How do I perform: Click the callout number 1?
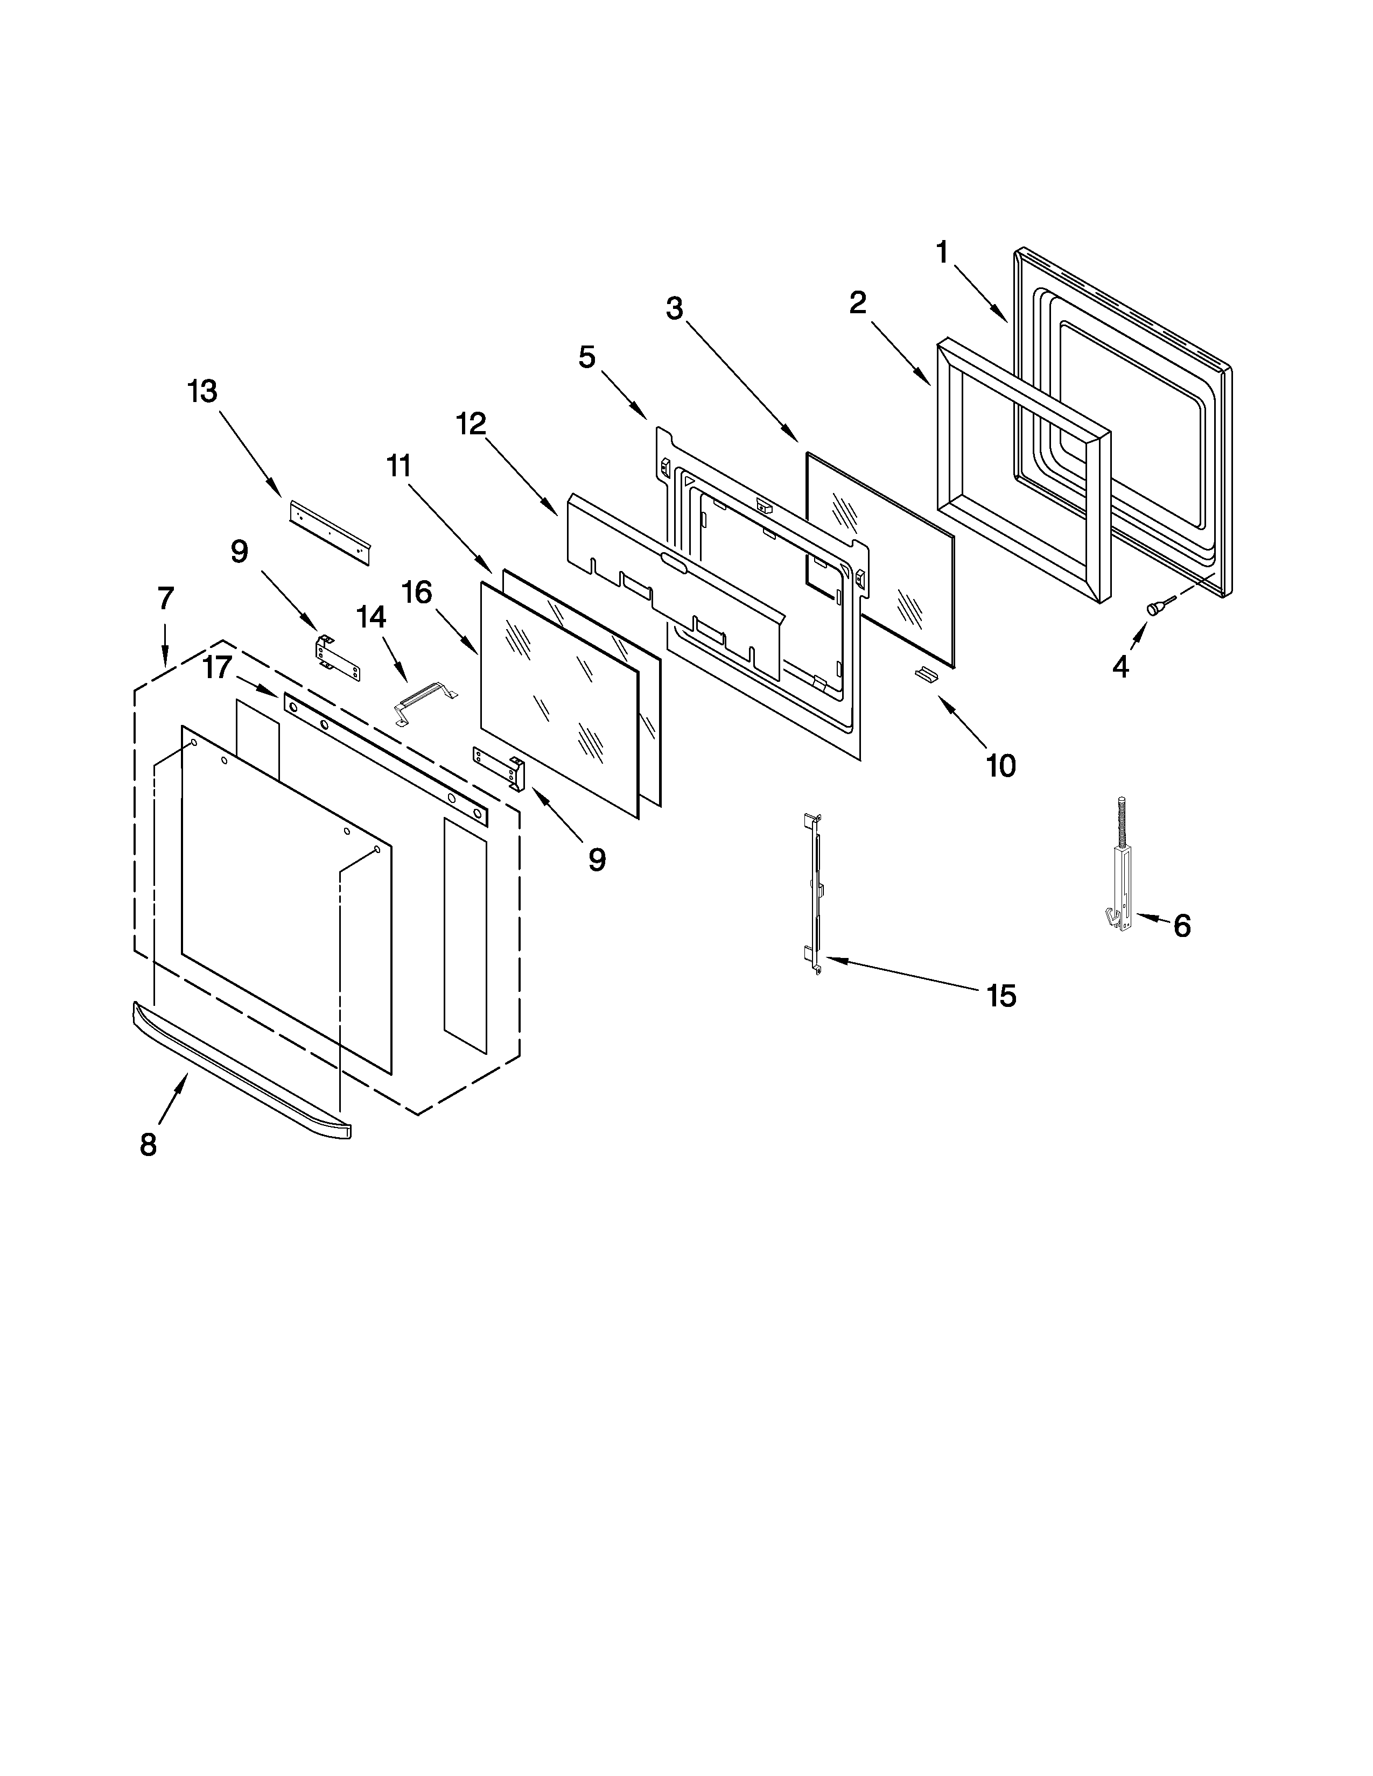[x=942, y=253]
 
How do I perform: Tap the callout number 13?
[x=202, y=391]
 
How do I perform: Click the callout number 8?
[x=148, y=1145]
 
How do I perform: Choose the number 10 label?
[x=1000, y=765]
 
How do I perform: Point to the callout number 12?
[x=471, y=423]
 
